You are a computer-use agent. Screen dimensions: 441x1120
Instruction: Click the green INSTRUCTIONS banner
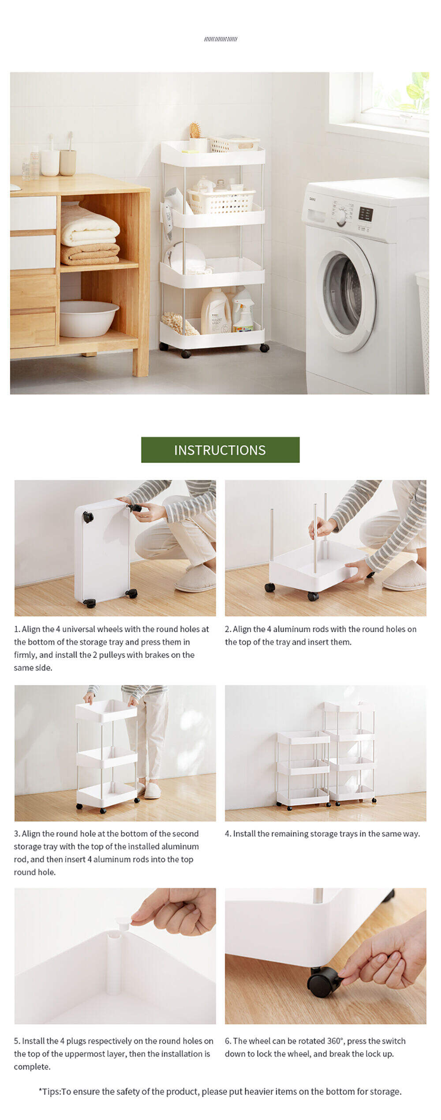220,450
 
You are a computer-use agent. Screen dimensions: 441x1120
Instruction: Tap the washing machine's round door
346,294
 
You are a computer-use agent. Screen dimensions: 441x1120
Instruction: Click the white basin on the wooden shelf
89,318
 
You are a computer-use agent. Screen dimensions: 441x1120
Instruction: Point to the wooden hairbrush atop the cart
195,130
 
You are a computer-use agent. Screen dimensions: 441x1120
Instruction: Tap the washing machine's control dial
341,218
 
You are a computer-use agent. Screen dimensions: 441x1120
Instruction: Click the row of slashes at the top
220,39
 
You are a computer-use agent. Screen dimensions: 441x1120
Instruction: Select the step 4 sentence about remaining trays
322,833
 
